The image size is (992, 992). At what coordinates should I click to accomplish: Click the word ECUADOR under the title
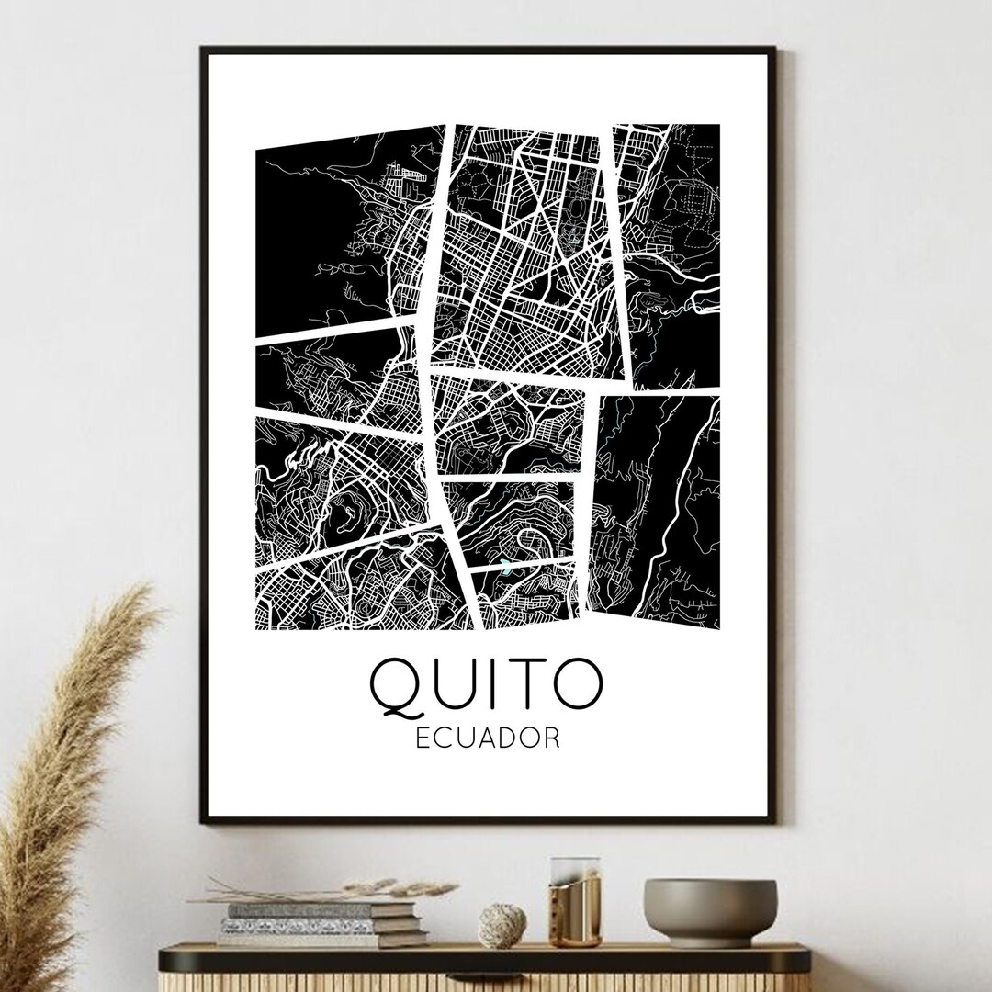tap(488, 738)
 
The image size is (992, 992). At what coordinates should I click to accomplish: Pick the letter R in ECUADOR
tap(551, 738)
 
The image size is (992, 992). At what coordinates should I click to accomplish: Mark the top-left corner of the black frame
tap(202, 48)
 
